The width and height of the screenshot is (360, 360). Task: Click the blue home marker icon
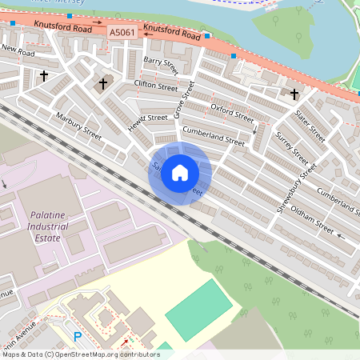click(x=180, y=173)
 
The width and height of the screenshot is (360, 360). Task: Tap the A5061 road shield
click(x=122, y=32)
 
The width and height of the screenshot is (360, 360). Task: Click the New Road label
click(x=18, y=50)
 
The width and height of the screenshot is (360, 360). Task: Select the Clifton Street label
click(x=156, y=86)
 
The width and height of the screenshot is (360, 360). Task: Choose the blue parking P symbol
click(x=78, y=337)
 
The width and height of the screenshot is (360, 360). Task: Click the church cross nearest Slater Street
click(x=294, y=94)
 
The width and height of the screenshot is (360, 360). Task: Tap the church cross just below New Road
click(x=43, y=77)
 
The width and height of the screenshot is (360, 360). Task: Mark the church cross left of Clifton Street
click(x=102, y=83)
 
